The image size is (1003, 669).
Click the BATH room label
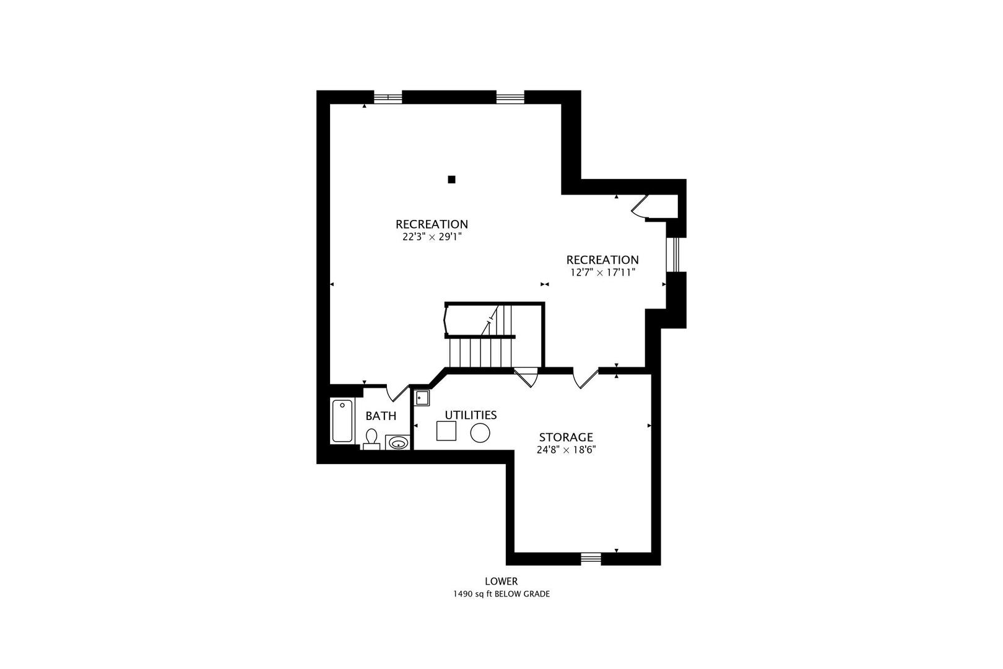click(381, 416)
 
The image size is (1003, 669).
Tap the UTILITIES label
click(471, 415)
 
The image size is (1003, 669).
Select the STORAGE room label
click(566, 437)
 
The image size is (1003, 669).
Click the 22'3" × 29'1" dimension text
click(432, 237)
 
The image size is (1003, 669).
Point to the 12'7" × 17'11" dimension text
click(602, 273)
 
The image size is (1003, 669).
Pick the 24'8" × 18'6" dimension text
click(566, 450)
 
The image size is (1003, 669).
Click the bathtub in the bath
click(342, 421)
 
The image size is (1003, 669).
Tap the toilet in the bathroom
click(371, 440)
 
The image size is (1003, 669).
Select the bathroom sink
click(397, 443)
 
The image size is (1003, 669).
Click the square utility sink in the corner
click(422, 398)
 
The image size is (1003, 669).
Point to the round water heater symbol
click(480, 433)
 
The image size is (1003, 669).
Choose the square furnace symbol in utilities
click(446, 431)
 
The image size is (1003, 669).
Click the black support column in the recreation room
click(451, 180)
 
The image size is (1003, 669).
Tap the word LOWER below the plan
click(501, 581)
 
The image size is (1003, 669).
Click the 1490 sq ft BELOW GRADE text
click(501, 594)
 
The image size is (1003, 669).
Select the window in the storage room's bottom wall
click(591, 558)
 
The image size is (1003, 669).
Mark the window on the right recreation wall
click(673, 255)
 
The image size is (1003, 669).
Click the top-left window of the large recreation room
click(388, 97)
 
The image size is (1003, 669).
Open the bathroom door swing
click(397, 393)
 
